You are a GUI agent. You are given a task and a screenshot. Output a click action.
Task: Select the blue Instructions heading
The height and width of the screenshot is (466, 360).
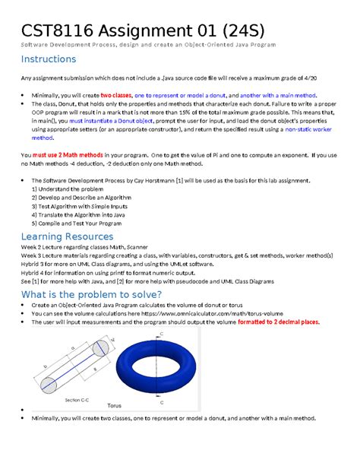(49, 59)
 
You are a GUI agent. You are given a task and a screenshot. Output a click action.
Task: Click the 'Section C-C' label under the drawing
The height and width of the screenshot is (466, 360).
(77, 399)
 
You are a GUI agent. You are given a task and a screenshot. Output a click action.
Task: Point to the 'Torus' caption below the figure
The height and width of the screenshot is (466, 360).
(114, 405)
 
